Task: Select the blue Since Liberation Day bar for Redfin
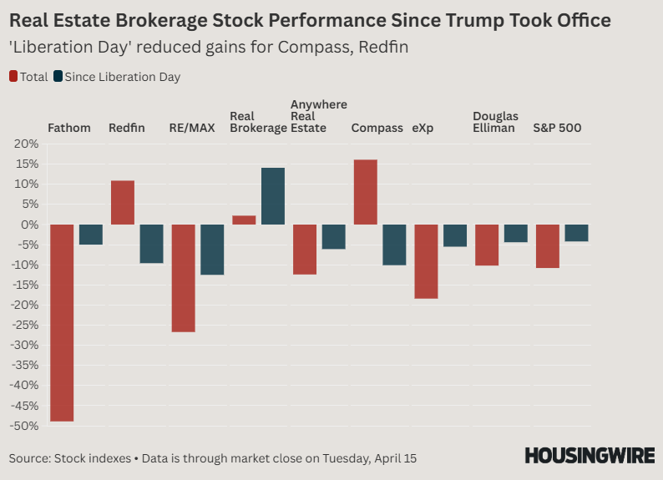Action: pyautogui.click(x=151, y=244)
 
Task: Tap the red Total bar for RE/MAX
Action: pyautogui.click(x=183, y=278)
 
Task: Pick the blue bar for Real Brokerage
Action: pyautogui.click(x=273, y=196)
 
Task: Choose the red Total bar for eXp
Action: pyautogui.click(x=426, y=261)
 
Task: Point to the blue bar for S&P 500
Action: pyautogui.click(x=576, y=233)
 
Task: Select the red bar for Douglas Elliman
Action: pyautogui.click(x=487, y=245)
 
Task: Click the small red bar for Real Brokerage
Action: pyautogui.click(x=244, y=220)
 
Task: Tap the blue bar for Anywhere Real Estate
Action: pyautogui.click(x=334, y=236)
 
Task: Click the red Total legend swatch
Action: pyautogui.click(x=13, y=77)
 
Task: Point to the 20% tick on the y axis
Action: pyautogui.click(x=27, y=144)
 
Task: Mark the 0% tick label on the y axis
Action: pyautogui.click(x=30, y=225)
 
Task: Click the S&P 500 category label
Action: pyautogui.click(x=557, y=129)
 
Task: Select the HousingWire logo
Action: pyautogui.click(x=589, y=456)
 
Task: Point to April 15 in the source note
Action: pyautogui.click(x=393, y=458)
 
